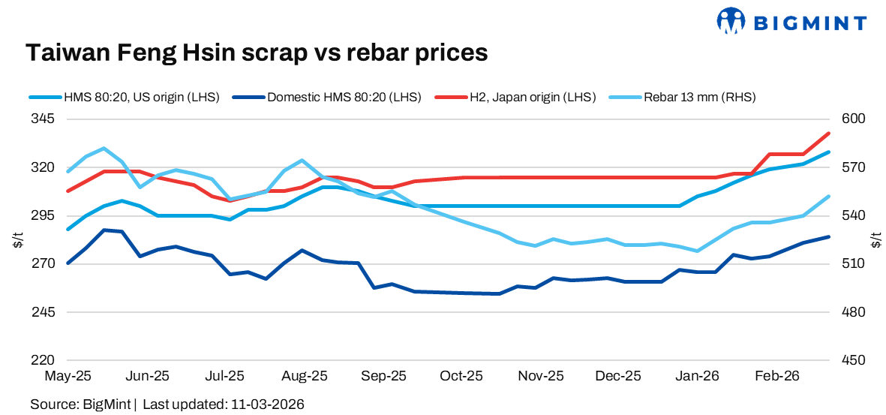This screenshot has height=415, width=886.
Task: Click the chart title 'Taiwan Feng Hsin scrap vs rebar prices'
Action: [x=257, y=53]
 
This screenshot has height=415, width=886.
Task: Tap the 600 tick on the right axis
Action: [x=854, y=119]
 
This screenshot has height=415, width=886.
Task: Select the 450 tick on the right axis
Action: [x=854, y=360]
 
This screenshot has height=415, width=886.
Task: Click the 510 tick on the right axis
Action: [x=854, y=263]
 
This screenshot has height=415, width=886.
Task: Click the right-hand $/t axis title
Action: [x=876, y=239]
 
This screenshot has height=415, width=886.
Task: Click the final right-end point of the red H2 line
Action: [x=828, y=134]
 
